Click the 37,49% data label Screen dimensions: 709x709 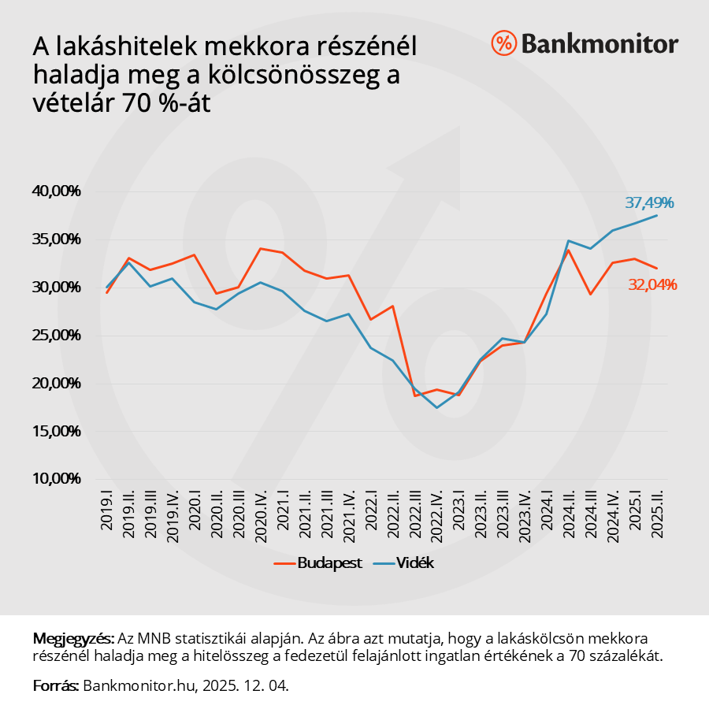click(x=649, y=203)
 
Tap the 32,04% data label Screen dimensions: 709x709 click(x=652, y=285)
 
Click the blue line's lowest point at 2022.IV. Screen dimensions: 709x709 click(x=436, y=407)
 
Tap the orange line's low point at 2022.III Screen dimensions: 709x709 click(x=414, y=395)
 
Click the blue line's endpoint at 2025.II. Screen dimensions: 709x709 click(x=656, y=215)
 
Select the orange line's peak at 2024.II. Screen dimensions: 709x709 click(x=568, y=250)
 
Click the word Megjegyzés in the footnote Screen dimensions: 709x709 click(x=72, y=637)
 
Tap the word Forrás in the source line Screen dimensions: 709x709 click(x=55, y=685)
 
